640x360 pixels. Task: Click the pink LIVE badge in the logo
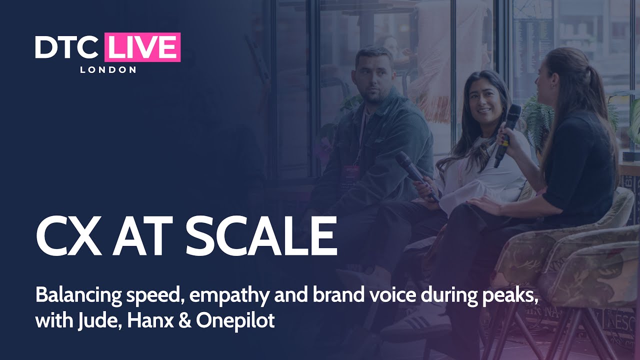point(142,47)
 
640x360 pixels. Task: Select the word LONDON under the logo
point(108,69)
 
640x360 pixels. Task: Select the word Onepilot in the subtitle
point(235,320)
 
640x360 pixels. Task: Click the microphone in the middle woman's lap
point(416,175)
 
